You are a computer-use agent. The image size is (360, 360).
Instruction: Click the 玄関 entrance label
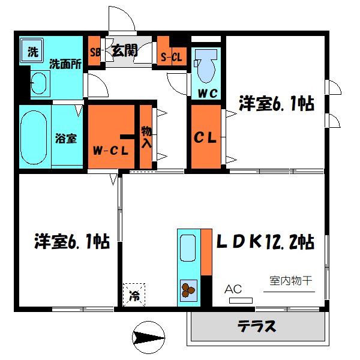click(125, 50)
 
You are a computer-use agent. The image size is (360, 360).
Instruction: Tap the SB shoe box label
click(95, 51)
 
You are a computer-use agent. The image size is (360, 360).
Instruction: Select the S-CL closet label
click(171, 57)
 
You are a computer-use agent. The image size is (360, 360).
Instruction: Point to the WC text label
click(208, 93)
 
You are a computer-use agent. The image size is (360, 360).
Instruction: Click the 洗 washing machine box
click(31, 51)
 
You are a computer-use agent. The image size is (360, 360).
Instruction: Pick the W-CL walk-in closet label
click(111, 150)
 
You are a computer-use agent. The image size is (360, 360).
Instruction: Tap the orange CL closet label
click(205, 138)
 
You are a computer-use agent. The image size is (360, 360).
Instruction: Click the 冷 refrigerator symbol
click(134, 294)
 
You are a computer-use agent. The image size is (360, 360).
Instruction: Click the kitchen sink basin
click(188, 249)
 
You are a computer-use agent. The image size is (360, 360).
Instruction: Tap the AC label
click(233, 289)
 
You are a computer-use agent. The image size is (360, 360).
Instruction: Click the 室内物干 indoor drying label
click(290, 280)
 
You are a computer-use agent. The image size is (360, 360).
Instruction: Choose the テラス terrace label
click(257, 327)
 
